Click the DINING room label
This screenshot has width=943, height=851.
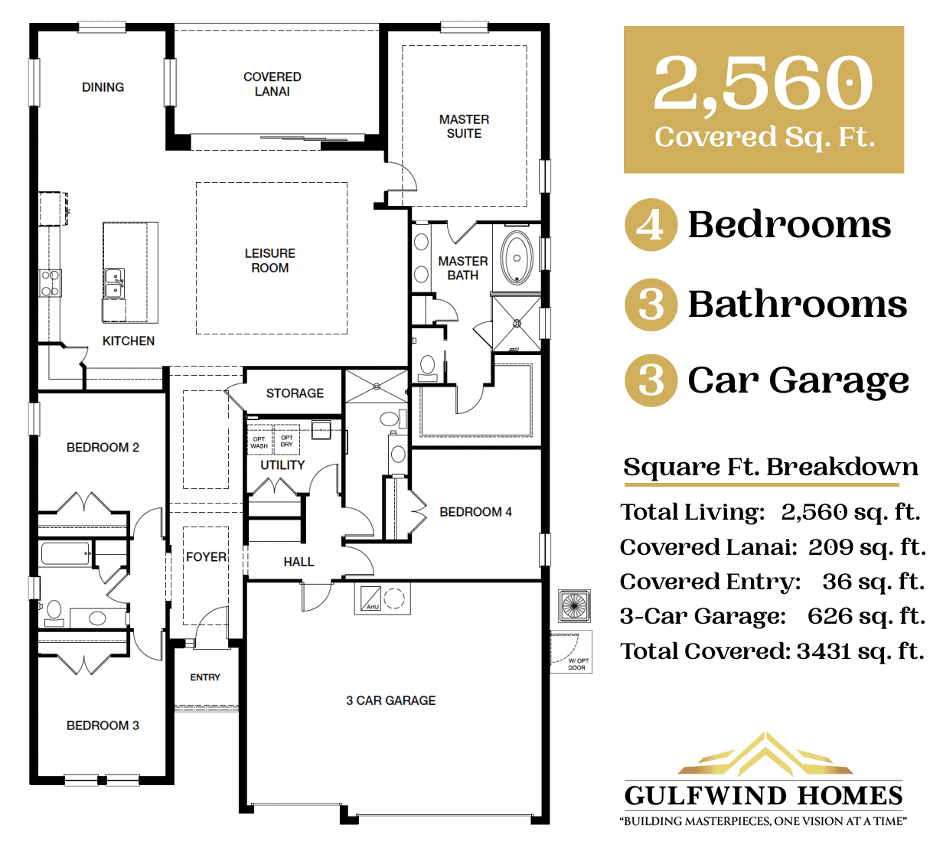pyautogui.click(x=103, y=87)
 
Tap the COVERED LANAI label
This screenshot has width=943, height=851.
pyautogui.click(x=272, y=84)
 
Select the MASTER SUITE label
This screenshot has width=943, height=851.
pyautogui.click(x=464, y=126)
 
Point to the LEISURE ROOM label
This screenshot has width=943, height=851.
pyautogui.click(x=269, y=260)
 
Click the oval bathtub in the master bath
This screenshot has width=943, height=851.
pyautogui.click(x=517, y=258)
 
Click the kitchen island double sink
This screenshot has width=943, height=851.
pyautogui.click(x=114, y=282)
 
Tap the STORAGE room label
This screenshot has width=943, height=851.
pyautogui.click(x=295, y=393)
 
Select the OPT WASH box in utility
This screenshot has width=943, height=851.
pyautogui.click(x=259, y=442)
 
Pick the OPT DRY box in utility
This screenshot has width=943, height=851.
pyautogui.click(x=287, y=441)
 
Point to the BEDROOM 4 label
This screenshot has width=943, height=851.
pyautogui.click(x=475, y=512)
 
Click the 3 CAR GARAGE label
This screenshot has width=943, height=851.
pyautogui.click(x=390, y=700)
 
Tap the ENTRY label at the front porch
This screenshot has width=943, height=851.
pyautogui.click(x=205, y=677)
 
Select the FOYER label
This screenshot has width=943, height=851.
pyautogui.click(x=206, y=557)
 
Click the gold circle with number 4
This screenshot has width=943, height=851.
pyautogui.click(x=651, y=225)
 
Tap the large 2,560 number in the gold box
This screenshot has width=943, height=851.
pyautogui.click(x=763, y=82)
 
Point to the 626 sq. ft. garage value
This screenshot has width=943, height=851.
pyautogui.click(x=866, y=616)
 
